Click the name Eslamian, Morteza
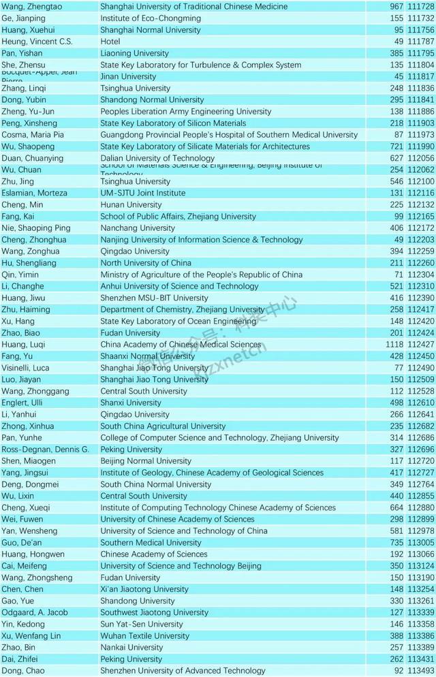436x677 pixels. [34, 193]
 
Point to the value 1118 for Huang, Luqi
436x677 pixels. [394, 345]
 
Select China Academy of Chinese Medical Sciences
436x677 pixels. [181, 345]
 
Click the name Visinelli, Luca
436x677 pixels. [25, 368]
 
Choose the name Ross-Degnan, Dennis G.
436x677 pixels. [45, 450]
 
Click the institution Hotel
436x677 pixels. [110, 42]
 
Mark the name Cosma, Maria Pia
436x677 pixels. [33, 135]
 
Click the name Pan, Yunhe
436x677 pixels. [22, 438]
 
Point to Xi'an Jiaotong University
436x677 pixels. [144, 589]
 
